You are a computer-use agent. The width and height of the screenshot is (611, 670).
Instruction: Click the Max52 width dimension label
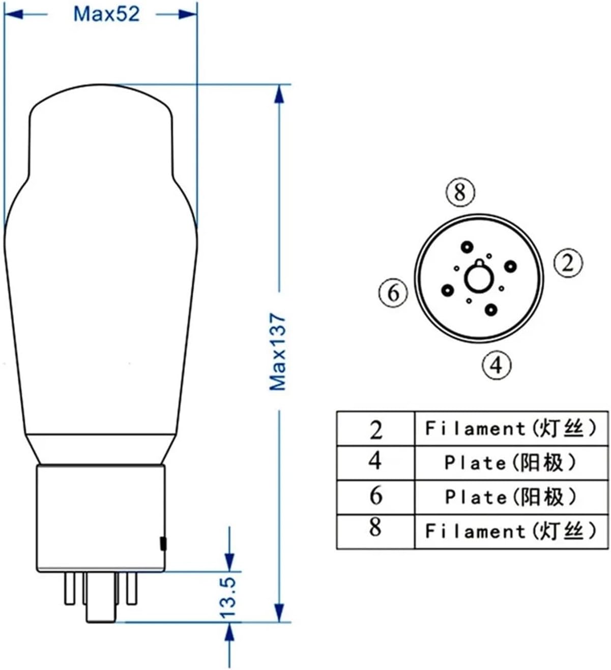click(106, 14)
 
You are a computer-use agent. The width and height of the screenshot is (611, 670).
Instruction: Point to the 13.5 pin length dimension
click(230, 597)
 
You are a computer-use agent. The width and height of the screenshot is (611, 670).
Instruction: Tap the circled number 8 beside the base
click(460, 192)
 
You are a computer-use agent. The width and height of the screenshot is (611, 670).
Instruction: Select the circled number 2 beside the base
click(567, 263)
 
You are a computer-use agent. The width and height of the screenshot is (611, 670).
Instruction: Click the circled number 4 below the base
click(496, 364)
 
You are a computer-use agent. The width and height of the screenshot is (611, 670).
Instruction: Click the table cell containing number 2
click(375, 429)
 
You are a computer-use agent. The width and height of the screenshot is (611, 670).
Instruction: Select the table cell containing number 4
click(375, 462)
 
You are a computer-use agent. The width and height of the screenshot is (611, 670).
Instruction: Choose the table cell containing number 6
click(375, 497)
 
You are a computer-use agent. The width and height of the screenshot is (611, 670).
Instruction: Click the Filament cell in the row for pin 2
click(511, 429)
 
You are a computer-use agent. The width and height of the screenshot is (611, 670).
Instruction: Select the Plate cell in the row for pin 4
click(511, 462)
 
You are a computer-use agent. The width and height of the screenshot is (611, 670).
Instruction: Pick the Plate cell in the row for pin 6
click(511, 497)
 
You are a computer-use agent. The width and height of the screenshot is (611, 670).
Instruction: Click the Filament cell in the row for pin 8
click(511, 531)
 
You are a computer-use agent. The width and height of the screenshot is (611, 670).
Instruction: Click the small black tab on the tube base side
click(163, 543)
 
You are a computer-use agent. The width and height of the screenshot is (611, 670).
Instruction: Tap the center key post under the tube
click(100, 600)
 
